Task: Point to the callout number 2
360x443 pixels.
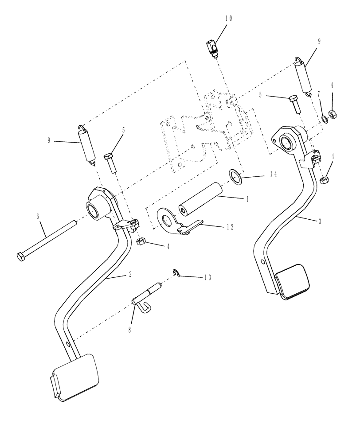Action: [130, 275]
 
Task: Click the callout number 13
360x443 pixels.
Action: [207, 277]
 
